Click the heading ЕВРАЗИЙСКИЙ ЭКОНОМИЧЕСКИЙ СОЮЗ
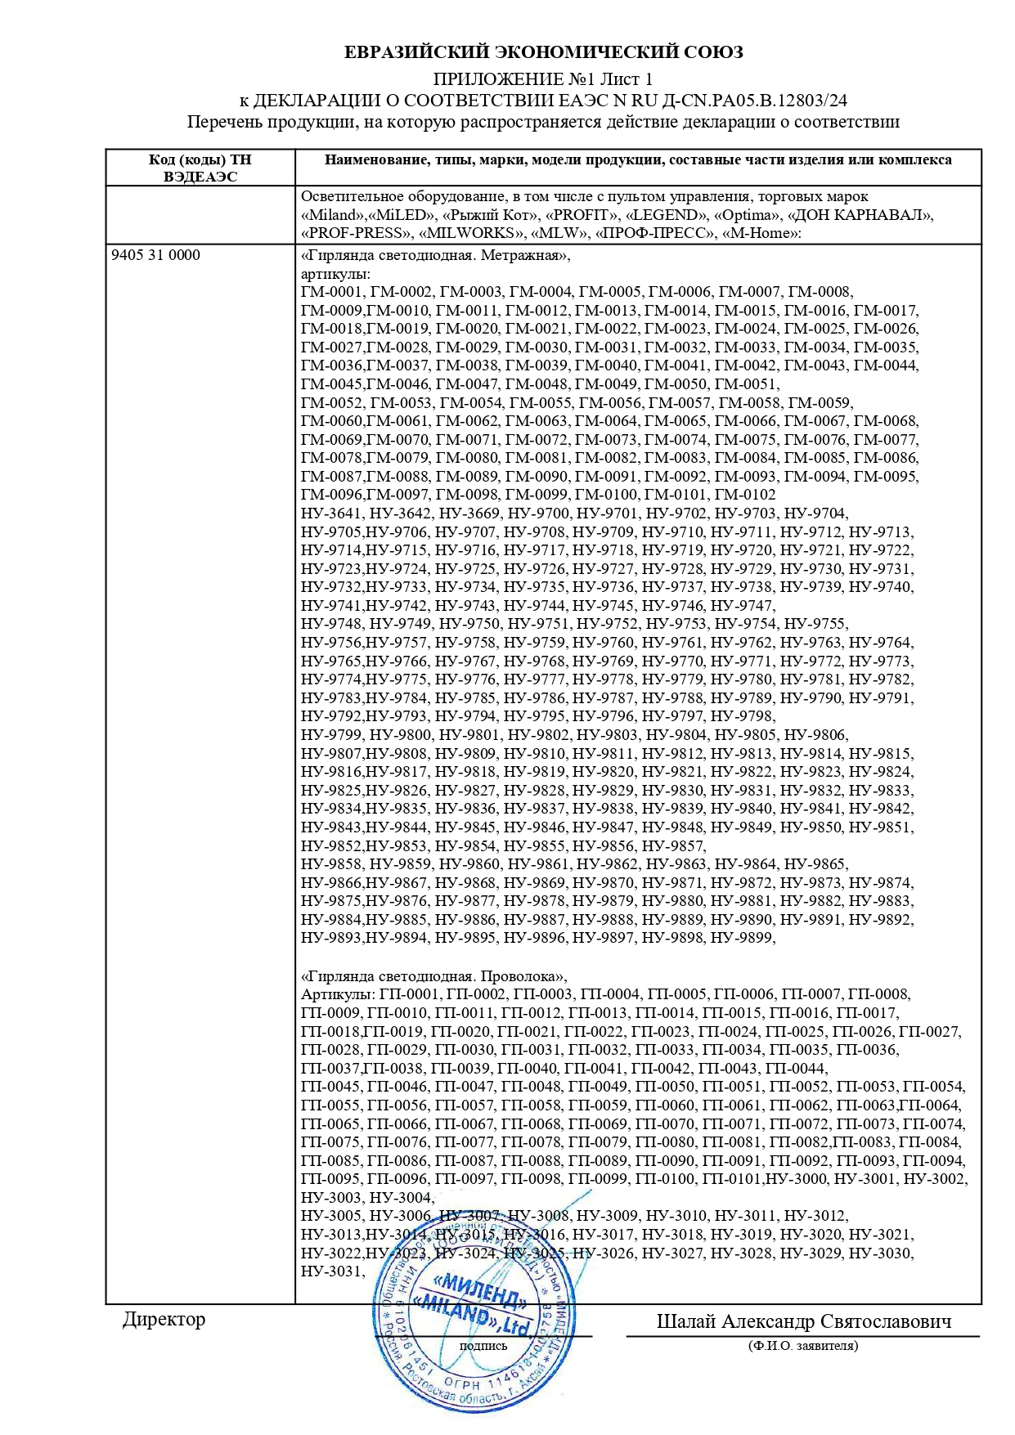(543, 53)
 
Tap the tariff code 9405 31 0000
(155, 255)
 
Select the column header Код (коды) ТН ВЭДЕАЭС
(200, 168)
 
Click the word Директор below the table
(164, 1319)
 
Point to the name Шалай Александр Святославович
(803, 1321)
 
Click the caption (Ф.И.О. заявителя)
(802, 1346)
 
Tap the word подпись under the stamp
(483, 1345)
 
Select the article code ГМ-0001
(331, 292)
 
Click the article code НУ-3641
(331, 513)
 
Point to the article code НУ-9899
(742, 938)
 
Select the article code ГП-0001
(409, 994)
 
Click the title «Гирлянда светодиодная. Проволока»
(433, 976)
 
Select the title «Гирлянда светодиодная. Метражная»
(435, 255)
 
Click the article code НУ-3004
(401, 1198)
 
